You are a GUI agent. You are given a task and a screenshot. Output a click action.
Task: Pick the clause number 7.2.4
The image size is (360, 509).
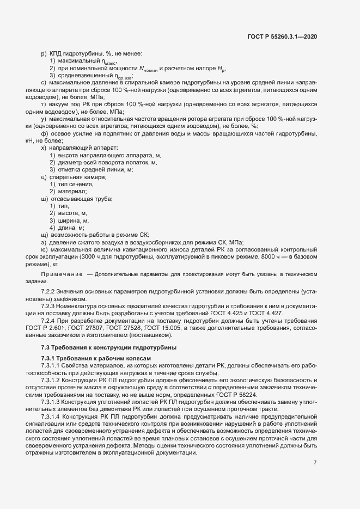click(x=50, y=322)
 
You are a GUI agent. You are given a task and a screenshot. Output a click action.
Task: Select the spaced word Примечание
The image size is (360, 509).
click(x=62, y=274)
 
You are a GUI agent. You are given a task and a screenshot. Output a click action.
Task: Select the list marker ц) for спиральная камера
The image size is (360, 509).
click(x=44, y=177)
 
